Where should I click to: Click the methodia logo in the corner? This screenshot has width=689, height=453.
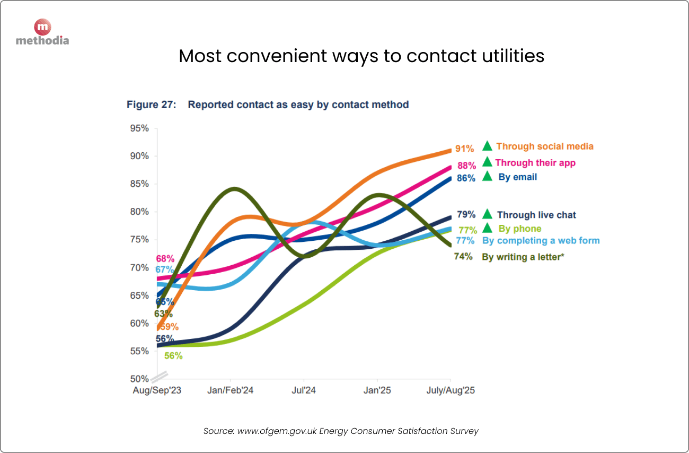click(42, 32)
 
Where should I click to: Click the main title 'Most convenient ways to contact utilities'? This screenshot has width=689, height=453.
click(361, 56)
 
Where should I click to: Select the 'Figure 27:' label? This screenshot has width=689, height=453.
click(151, 104)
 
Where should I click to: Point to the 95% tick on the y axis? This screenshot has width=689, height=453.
click(139, 128)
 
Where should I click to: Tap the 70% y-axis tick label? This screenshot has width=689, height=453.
click(139, 267)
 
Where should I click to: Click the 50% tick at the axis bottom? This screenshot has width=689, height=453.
click(139, 379)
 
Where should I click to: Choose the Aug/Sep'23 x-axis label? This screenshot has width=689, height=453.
click(156, 390)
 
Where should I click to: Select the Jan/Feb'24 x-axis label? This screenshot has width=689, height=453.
click(230, 390)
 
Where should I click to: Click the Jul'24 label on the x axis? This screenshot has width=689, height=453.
click(303, 390)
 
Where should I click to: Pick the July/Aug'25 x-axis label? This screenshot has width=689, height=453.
click(450, 390)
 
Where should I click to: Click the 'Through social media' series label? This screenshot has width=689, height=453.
click(545, 146)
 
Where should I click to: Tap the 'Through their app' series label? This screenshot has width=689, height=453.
click(535, 163)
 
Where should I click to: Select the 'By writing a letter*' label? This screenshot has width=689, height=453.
click(523, 257)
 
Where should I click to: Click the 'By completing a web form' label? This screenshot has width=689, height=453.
click(541, 241)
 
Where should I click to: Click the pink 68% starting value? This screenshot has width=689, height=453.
click(165, 259)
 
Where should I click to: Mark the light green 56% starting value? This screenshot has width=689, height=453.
click(173, 356)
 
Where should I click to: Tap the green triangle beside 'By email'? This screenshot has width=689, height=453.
click(488, 177)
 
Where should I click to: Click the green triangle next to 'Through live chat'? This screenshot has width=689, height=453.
click(488, 214)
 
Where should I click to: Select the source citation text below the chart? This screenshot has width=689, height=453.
click(341, 431)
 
